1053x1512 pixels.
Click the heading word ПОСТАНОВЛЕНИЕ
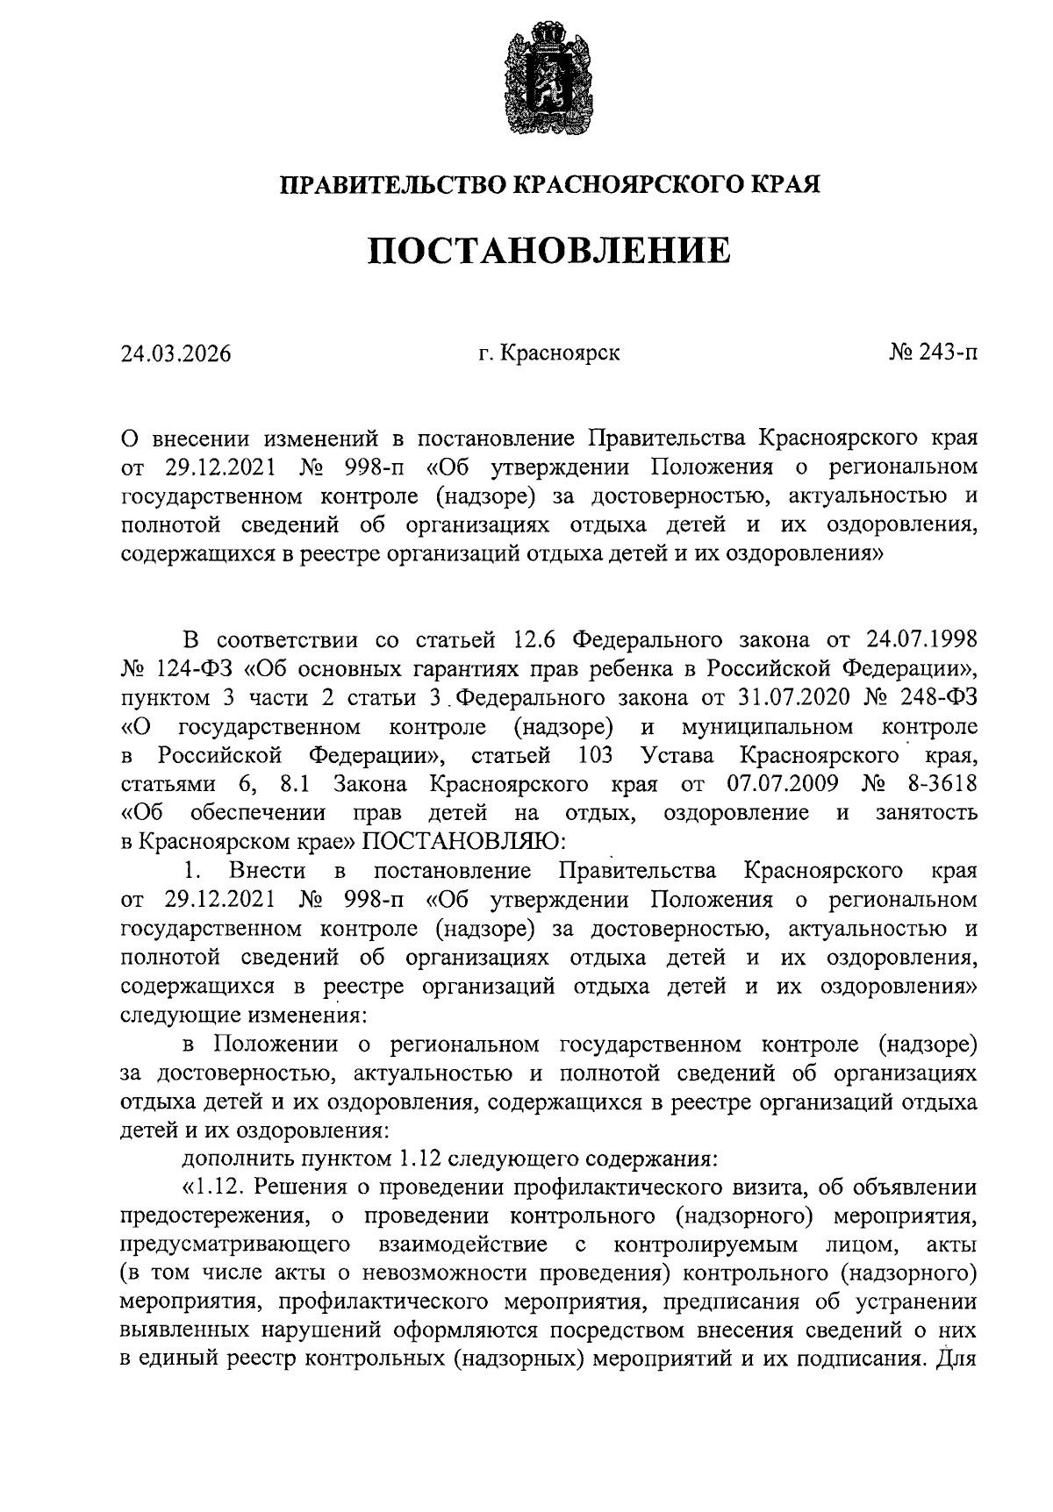click(x=548, y=250)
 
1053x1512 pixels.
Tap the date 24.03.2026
click(x=175, y=353)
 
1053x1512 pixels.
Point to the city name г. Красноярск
click(x=549, y=353)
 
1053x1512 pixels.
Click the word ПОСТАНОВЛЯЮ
click(x=464, y=841)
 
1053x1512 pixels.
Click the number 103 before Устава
click(x=596, y=756)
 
